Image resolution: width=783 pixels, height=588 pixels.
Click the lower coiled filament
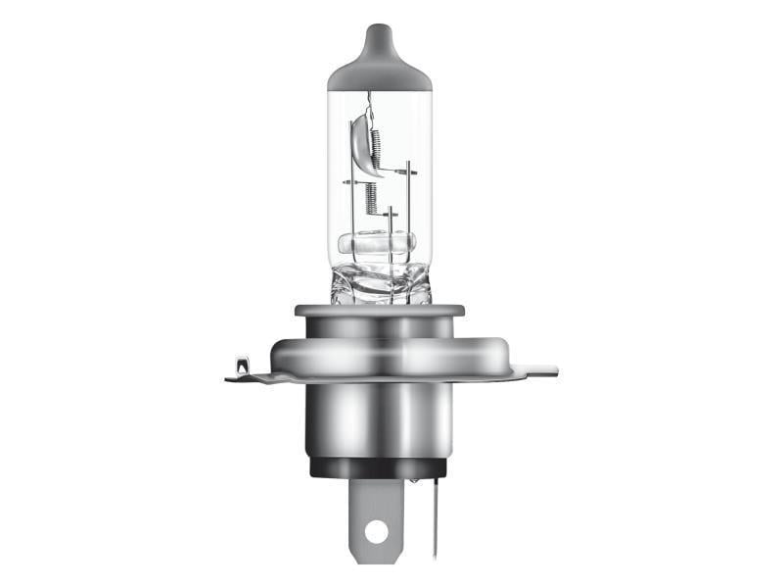[371, 199]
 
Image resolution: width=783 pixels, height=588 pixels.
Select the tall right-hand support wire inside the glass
[408, 206]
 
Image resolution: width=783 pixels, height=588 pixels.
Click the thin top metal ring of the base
[379, 311]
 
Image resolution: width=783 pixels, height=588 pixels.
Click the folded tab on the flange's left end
[241, 370]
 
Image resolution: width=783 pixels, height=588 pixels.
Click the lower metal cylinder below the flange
[379, 416]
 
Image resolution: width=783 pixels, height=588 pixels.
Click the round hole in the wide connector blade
[375, 531]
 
